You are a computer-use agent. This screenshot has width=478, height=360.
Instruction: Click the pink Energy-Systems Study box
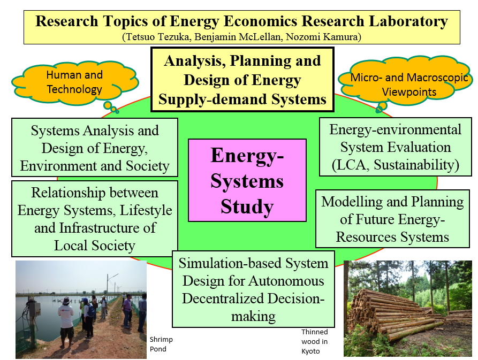(x=247, y=180)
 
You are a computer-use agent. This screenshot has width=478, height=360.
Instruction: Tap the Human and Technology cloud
(x=75, y=82)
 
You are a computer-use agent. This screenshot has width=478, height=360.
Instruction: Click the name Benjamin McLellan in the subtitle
(x=238, y=37)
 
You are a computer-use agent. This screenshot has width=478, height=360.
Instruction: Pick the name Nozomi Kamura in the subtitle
(x=322, y=37)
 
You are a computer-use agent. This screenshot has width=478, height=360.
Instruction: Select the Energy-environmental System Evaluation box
(x=396, y=147)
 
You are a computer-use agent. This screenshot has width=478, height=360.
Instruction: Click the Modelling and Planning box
(x=392, y=219)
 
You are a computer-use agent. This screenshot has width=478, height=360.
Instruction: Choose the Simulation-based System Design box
(x=253, y=289)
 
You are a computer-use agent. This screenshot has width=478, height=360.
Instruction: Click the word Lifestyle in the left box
(x=146, y=210)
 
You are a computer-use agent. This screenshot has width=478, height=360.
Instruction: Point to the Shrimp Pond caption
(x=161, y=344)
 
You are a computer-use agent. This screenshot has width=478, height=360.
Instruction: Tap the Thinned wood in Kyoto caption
(x=315, y=341)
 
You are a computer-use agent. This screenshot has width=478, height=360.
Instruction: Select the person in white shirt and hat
(x=66, y=321)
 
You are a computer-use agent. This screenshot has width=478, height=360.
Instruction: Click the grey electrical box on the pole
(x=34, y=309)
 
